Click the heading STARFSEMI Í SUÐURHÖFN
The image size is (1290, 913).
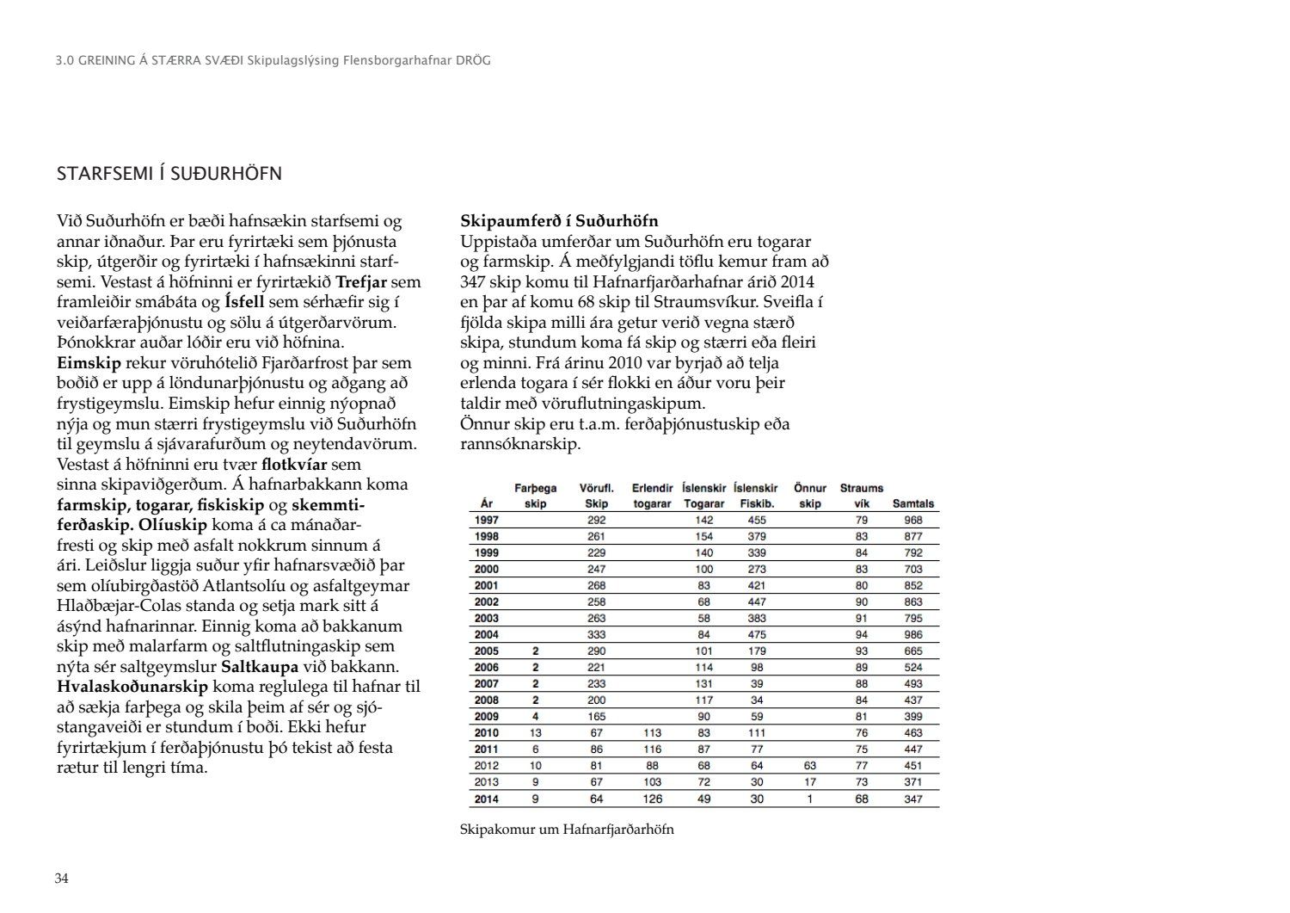[x=169, y=174]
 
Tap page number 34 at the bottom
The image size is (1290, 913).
[x=62, y=879]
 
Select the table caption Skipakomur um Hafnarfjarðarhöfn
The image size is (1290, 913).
[x=567, y=830]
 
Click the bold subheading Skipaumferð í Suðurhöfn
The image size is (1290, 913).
[x=559, y=221]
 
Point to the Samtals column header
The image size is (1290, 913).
[x=912, y=504]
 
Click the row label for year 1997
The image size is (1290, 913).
[x=487, y=520]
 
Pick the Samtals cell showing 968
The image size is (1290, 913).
[x=912, y=520]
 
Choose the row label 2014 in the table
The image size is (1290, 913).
[x=487, y=799]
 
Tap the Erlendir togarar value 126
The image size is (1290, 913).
[x=652, y=799]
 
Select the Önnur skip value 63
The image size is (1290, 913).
[x=809, y=765]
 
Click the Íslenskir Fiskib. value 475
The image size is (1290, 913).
[x=757, y=634]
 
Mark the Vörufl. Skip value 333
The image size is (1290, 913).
[x=596, y=634]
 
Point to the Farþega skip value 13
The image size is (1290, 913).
[x=535, y=733]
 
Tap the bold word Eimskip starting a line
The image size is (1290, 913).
[x=89, y=363]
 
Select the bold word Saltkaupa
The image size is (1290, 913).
[x=260, y=667]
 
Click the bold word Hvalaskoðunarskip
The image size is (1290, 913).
[x=132, y=687]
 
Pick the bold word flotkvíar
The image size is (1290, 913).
[x=294, y=465]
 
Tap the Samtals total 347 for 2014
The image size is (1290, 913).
[x=912, y=799]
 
